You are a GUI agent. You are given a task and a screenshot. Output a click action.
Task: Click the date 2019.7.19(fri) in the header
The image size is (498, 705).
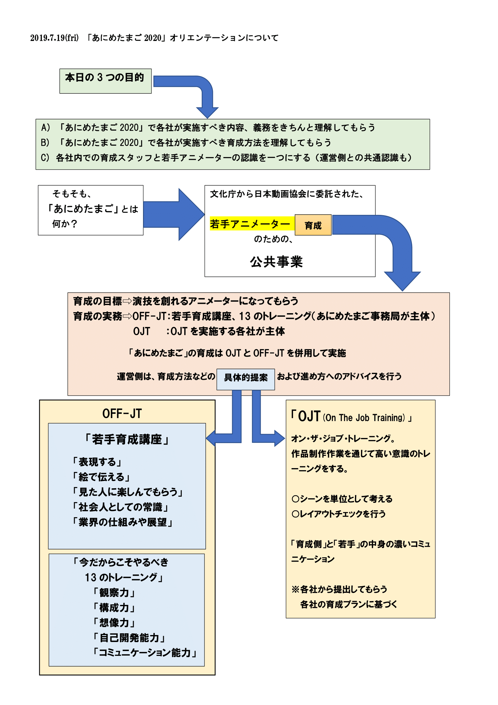click(x=54, y=38)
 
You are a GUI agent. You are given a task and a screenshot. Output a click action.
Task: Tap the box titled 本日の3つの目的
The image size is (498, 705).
click(x=105, y=81)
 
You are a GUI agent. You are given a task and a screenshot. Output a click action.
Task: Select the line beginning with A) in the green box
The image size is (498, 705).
click(x=208, y=127)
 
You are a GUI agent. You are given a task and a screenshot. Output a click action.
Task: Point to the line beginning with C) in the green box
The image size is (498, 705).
click(x=226, y=158)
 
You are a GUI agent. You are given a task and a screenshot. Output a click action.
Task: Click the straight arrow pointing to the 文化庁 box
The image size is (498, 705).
click(x=174, y=214)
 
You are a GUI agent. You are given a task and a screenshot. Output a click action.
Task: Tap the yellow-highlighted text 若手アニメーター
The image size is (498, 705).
click(x=250, y=224)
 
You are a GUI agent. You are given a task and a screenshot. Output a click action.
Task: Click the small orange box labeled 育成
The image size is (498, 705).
click(x=313, y=225)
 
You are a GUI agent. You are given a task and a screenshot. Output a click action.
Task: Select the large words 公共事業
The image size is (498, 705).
click(x=276, y=262)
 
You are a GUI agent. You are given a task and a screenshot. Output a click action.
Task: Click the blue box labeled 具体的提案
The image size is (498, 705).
click(x=246, y=379)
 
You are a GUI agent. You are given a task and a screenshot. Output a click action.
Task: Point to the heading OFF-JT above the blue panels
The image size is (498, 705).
click(x=122, y=414)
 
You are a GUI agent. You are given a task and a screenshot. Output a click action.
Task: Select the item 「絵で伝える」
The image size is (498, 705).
click(x=101, y=477)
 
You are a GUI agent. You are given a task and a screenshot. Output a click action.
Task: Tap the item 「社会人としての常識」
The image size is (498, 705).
click(x=120, y=507)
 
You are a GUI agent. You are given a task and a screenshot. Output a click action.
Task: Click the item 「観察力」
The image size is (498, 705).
click(x=114, y=593)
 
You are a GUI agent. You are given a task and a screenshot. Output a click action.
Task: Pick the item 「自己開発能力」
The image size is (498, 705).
click(x=129, y=638)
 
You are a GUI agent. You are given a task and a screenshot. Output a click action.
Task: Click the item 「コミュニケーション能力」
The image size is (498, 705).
click(x=145, y=653)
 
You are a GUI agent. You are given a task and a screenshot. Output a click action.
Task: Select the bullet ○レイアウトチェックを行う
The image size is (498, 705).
click(x=339, y=514)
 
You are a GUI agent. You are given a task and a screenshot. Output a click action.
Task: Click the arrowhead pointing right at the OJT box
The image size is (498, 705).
click(x=279, y=438)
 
